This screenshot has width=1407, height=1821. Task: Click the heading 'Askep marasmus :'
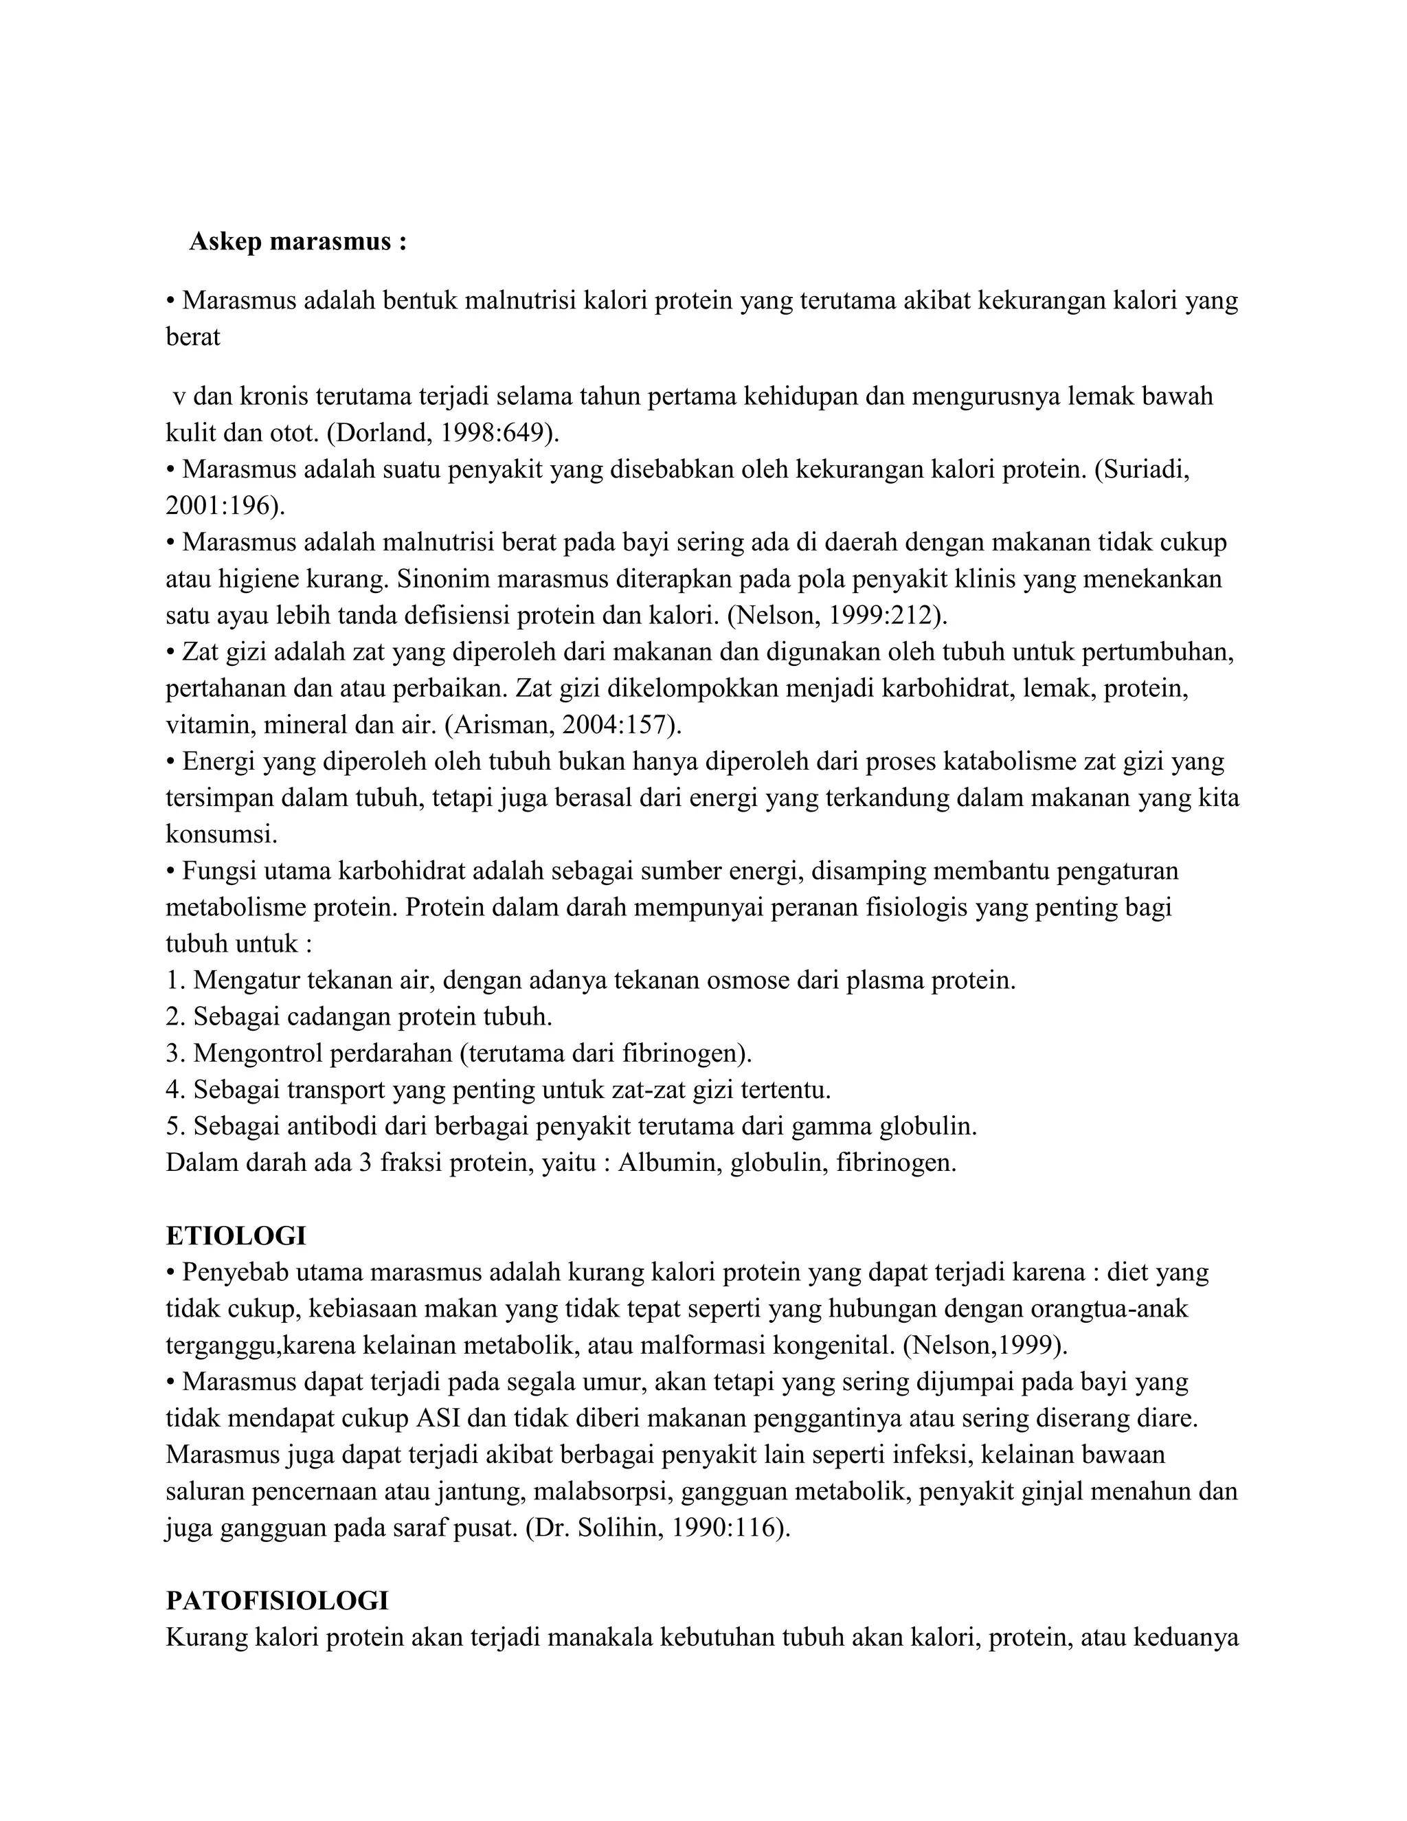[x=297, y=242]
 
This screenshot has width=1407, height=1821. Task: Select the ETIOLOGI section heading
[x=236, y=1235]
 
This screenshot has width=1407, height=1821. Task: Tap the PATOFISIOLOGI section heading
[x=277, y=1601]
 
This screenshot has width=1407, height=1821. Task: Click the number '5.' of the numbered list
[x=175, y=1126]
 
